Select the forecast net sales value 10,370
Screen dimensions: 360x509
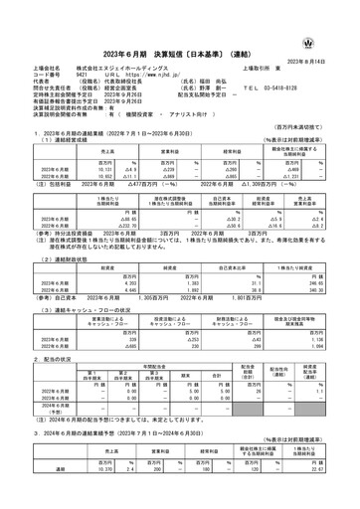point(100,471)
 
